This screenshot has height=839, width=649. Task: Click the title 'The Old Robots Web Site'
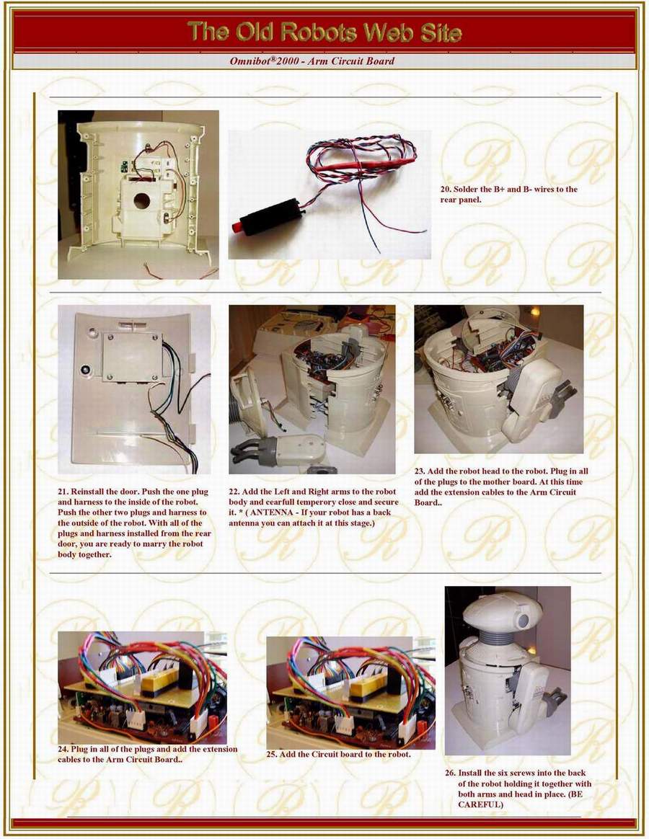click(324, 32)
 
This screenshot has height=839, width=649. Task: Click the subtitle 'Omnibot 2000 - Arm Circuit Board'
click(312, 61)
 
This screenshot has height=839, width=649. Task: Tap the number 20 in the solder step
click(446, 190)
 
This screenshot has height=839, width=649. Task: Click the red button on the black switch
click(237, 226)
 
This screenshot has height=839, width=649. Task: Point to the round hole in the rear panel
click(142, 201)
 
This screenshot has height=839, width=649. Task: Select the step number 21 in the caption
click(63, 492)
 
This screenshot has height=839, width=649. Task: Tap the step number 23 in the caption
click(420, 471)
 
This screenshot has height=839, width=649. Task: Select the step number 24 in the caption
click(63, 749)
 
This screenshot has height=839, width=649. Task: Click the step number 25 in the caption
click(272, 755)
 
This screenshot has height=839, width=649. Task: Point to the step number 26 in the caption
click(451, 773)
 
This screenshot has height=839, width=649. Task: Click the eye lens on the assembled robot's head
click(524, 621)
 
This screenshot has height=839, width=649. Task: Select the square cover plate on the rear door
click(132, 358)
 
